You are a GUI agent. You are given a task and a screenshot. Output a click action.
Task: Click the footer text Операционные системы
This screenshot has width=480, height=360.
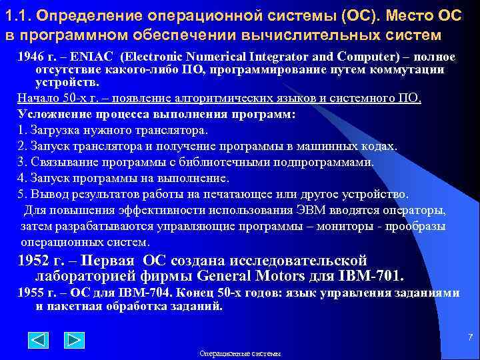pos(240,353)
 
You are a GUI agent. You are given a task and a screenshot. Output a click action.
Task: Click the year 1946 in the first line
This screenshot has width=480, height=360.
pos(31,57)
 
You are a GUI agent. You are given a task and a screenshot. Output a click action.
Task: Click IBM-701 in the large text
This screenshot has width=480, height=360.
pos(372,276)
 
